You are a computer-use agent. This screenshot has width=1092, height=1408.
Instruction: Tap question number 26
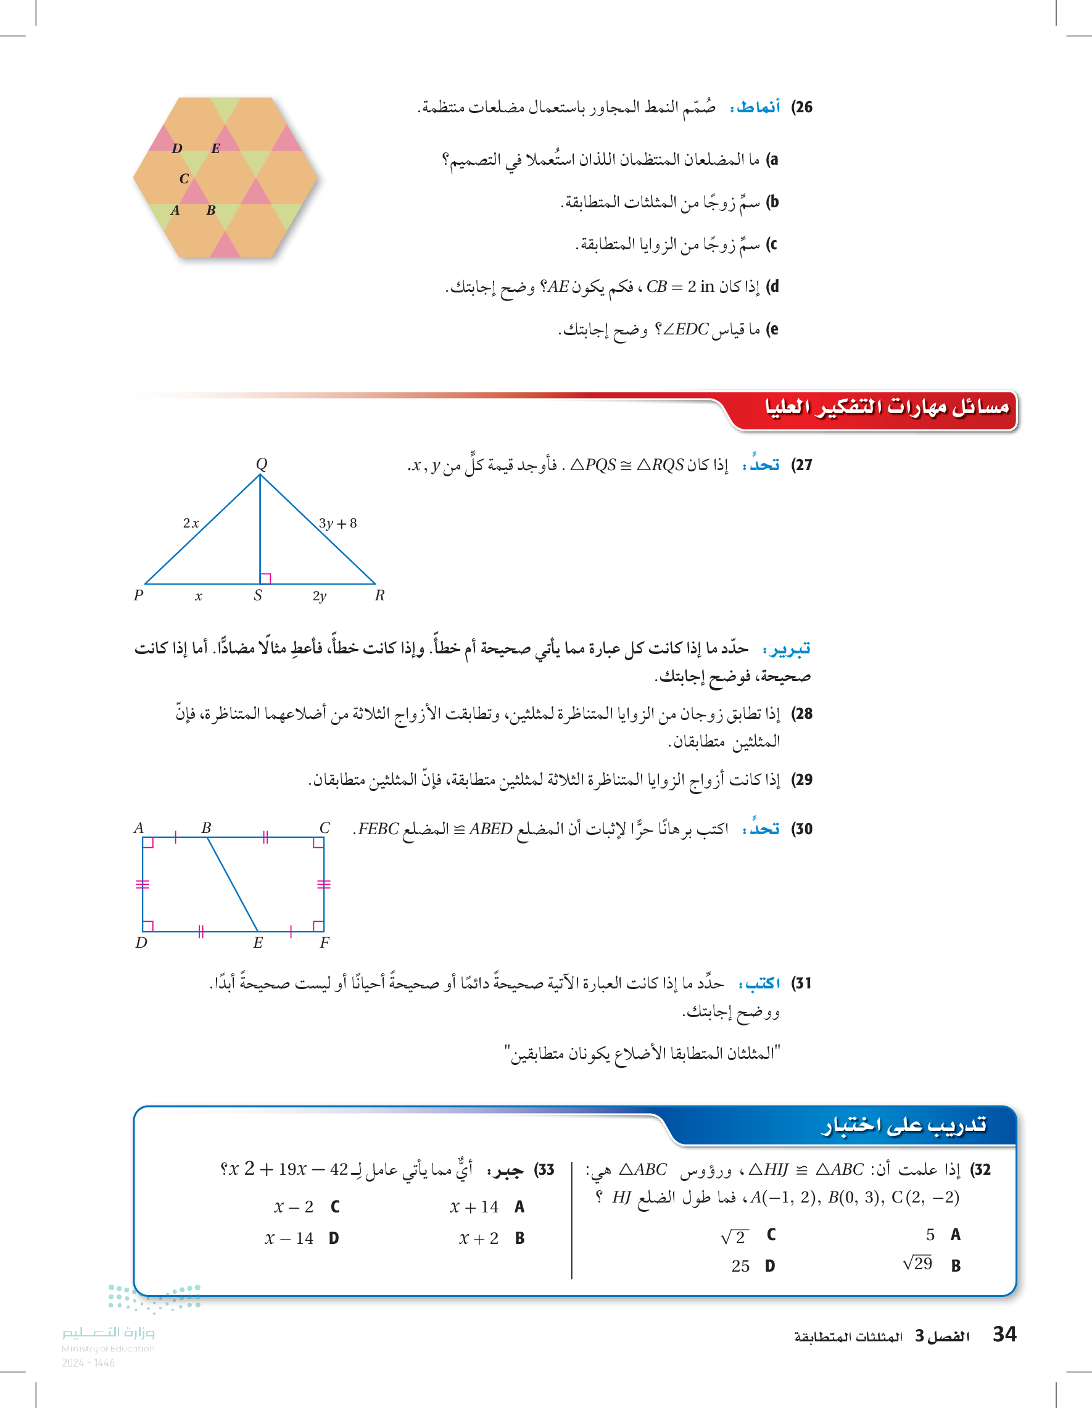click(802, 107)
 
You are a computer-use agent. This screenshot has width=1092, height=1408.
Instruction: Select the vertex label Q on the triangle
click(261, 463)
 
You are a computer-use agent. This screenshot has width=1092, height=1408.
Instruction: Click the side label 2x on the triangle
click(191, 523)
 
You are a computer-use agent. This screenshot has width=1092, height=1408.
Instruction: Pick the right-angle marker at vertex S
click(265, 578)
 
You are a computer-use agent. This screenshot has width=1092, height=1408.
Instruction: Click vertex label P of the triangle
click(138, 595)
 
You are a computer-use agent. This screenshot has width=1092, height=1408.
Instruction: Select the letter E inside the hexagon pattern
click(215, 148)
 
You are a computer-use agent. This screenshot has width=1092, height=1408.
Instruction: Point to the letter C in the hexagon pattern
click(184, 178)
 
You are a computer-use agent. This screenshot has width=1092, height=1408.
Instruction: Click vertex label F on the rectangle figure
click(325, 943)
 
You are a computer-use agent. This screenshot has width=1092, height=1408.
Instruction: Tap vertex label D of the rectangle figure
click(141, 943)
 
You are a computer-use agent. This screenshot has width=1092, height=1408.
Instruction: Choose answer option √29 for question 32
click(917, 1264)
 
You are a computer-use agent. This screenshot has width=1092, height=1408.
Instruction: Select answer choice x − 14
click(289, 1238)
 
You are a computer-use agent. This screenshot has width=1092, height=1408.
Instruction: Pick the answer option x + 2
click(478, 1238)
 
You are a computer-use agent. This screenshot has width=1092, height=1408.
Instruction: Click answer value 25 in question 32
click(740, 1266)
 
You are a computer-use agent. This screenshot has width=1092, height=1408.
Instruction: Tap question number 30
click(802, 829)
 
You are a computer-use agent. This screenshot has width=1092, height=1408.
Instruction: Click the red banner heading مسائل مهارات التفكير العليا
click(887, 407)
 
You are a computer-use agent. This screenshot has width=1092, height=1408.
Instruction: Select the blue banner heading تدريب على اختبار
click(903, 1125)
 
